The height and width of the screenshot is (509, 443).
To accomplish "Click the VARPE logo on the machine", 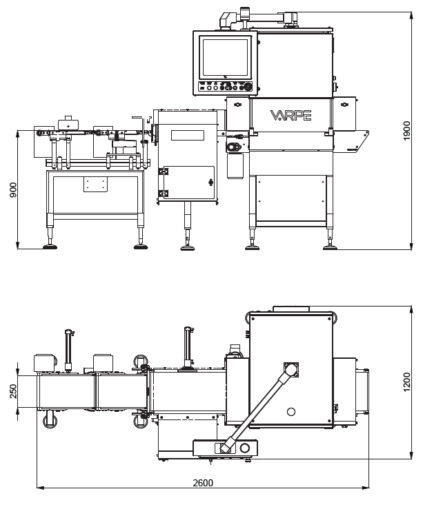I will (x=290, y=115).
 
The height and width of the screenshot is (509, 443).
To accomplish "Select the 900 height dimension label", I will (x=13, y=190).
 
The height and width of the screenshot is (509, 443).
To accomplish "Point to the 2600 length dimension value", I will (x=203, y=483).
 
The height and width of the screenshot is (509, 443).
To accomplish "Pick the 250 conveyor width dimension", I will (x=13, y=391).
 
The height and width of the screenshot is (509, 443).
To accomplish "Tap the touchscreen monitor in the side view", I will (x=225, y=58).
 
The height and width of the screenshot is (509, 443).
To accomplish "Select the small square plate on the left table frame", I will (x=95, y=185).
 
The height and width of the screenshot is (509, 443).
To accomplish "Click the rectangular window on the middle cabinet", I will (x=187, y=135).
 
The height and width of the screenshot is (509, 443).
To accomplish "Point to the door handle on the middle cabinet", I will (x=210, y=183).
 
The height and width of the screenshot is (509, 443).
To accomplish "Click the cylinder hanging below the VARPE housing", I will (x=235, y=166).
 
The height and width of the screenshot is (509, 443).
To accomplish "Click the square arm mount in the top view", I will (x=291, y=370).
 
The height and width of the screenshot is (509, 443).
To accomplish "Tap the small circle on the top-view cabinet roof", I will (x=291, y=412).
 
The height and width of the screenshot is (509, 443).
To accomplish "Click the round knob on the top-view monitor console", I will (x=244, y=448).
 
